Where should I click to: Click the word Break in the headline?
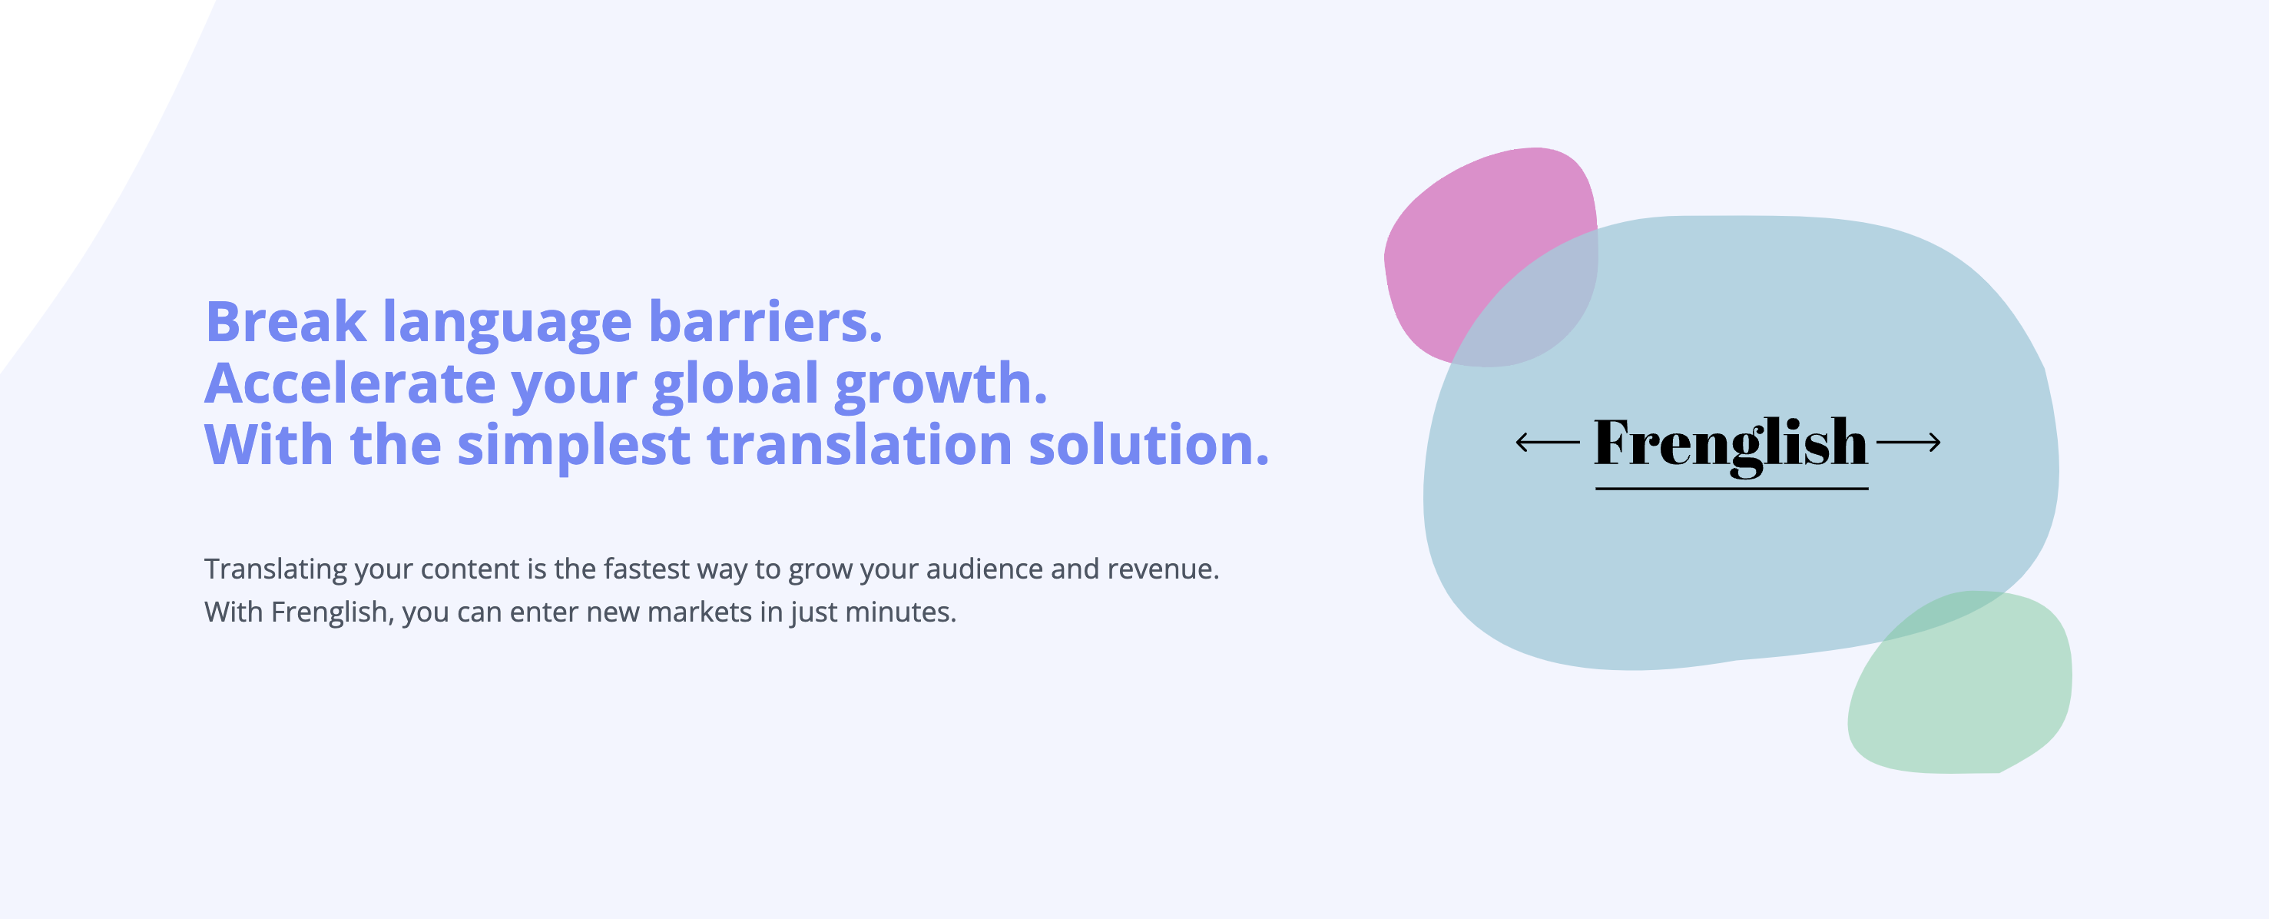pos(287,322)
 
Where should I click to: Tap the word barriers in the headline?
pos(764,322)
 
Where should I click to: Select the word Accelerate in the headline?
pos(349,383)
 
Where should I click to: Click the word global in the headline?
pos(737,385)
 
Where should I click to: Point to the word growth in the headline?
pos(941,385)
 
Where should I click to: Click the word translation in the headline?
pos(860,444)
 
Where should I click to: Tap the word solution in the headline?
pos(1148,444)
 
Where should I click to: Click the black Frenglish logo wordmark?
pos(1731,446)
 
